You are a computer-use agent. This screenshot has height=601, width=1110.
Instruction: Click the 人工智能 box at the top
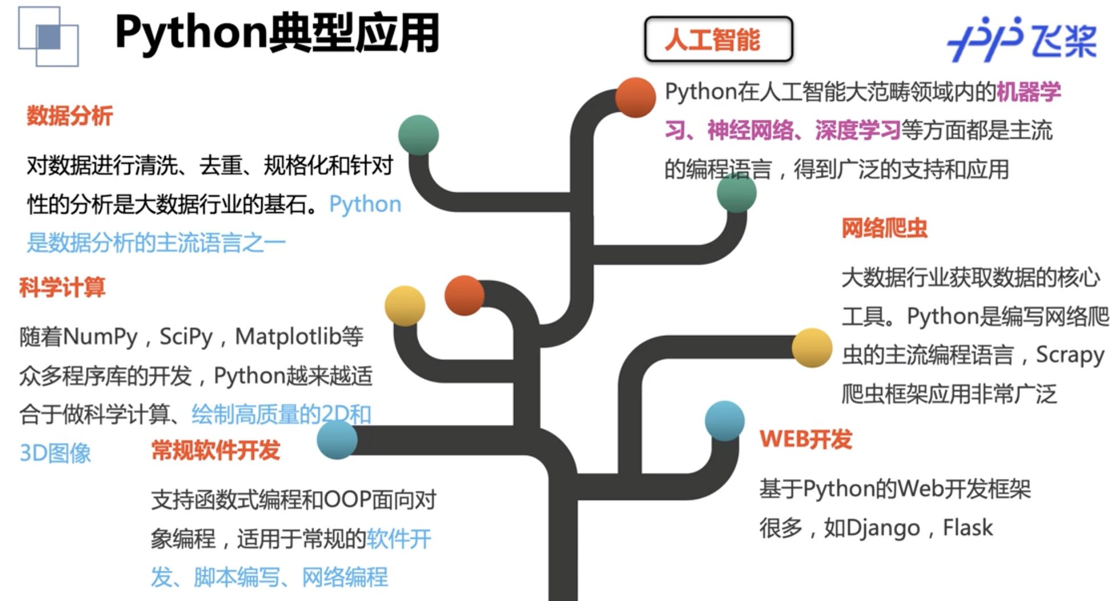pyautogui.click(x=718, y=39)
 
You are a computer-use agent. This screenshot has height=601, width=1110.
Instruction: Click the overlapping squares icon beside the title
pyautogui.click(x=48, y=37)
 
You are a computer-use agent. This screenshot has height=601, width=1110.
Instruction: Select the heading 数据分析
pyautogui.click(x=70, y=116)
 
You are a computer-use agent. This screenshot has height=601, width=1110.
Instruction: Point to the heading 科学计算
pyautogui.click(x=62, y=287)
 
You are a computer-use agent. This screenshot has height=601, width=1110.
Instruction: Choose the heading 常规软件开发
pyautogui.click(x=216, y=450)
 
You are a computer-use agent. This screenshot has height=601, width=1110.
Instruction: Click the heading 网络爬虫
pyautogui.click(x=884, y=229)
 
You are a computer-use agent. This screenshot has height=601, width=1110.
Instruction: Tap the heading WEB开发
pyautogui.click(x=805, y=439)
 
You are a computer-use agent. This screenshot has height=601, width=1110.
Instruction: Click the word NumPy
pyautogui.click(x=100, y=337)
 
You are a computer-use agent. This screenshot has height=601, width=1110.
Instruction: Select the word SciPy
pyautogui.click(x=186, y=337)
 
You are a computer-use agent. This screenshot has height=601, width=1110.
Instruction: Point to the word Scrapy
pyautogui.click(x=1070, y=355)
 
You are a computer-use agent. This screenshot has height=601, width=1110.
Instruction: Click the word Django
pyautogui.click(x=883, y=529)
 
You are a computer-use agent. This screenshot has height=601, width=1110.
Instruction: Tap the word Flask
pyautogui.click(x=967, y=527)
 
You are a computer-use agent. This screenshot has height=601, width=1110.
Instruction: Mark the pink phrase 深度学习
pyautogui.click(x=857, y=131)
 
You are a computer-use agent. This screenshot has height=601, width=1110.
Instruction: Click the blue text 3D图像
pyautogui.click(x=55, y=453)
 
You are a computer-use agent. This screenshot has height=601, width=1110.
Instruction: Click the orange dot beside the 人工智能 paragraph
pyautogui.click(x=635, y=98)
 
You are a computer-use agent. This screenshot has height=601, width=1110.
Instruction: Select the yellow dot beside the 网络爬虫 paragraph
pyautogui.click(x=812, y=348)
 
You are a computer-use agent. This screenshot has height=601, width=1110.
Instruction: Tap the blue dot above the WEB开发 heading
pyautogui.click(x=724, y=421)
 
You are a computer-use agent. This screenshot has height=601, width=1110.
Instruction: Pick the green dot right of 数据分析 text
pyautogui.click(x=419, y=135)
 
